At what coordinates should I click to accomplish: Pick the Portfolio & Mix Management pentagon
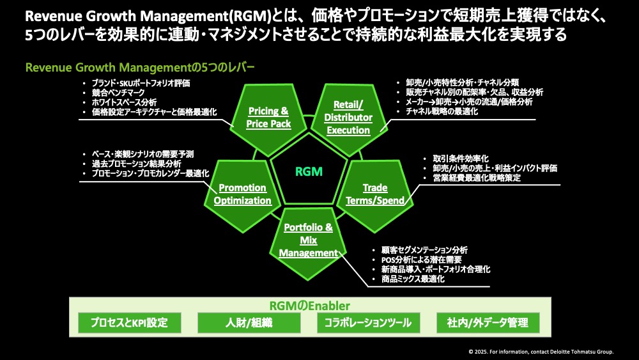(x=309, y=240)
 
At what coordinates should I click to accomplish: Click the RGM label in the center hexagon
(x=309, y=171)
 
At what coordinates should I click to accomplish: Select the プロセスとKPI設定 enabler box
(x=129, y=322)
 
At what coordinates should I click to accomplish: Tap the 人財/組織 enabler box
(x=249, y=322)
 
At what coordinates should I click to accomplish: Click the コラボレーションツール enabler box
(x=368, y=322)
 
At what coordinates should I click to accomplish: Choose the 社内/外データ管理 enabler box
(x=488, y=322)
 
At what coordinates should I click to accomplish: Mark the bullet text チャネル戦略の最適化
(x=442, y=111)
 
